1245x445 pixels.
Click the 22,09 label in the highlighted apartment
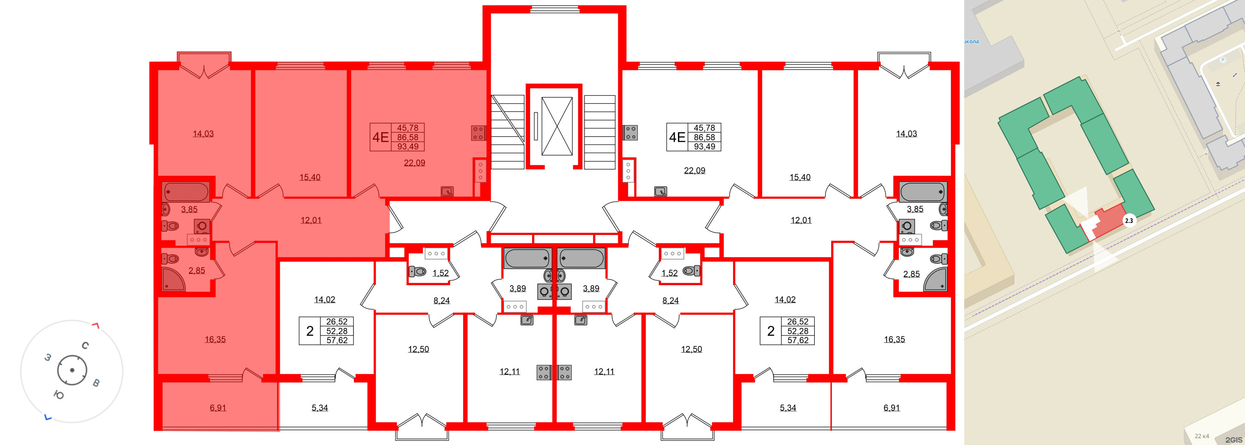point(414,163)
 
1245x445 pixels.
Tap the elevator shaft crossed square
point(557,126)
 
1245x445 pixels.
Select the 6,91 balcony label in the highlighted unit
point(218,408)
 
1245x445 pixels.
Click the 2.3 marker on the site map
point(1129,221)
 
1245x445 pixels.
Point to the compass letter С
point(85,345)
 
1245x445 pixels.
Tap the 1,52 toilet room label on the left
point(440,273)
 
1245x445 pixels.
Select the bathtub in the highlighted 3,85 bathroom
point(185,192)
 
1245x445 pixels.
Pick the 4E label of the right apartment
point(677,137)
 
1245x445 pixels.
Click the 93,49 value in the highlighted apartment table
point(407,146)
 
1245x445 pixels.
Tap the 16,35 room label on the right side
point(894,340)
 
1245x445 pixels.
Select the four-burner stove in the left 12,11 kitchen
point(544,372)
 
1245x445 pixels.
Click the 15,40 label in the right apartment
point(799,177)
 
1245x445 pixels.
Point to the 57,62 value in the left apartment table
point(336,340)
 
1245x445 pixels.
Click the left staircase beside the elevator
point(508,132)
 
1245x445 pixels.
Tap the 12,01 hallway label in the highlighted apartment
point(311,220)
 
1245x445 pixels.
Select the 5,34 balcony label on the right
point(788,408)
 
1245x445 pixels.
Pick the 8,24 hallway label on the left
point(441,300)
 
